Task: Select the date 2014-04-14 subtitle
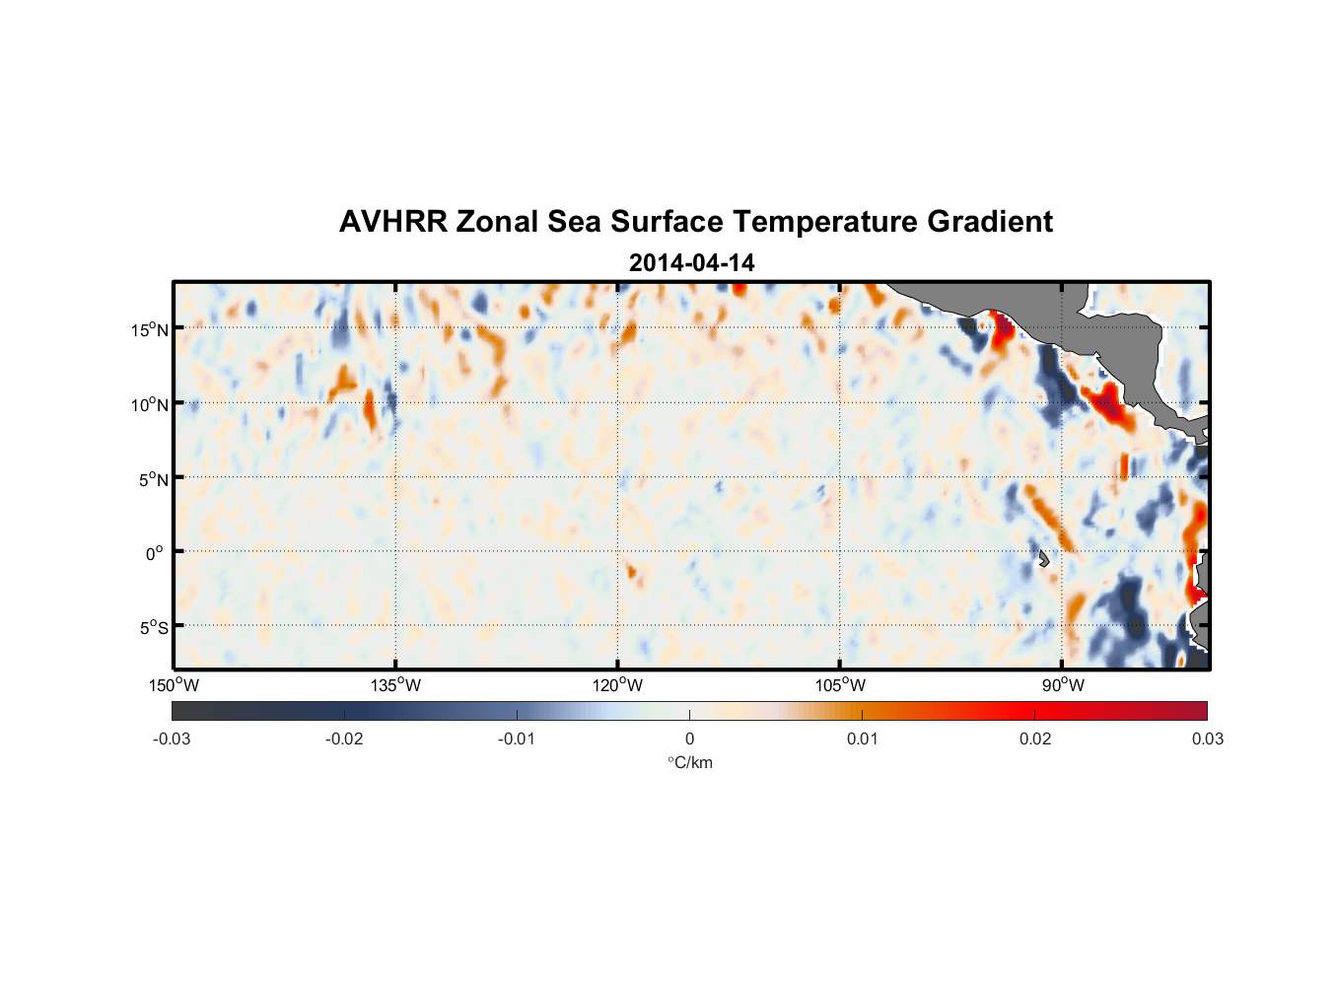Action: pos(691,263)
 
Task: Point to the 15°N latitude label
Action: pos(150,329)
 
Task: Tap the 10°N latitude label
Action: pos(150,404)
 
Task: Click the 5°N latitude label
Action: pos(153,479)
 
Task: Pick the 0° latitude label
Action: pos(155,553)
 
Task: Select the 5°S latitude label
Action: pos(153,628)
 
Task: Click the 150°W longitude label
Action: pos(174,685)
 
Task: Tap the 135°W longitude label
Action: pos(395,685)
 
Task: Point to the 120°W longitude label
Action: pos(618,685)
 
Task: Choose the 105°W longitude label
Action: pos(840,685)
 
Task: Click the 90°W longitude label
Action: pos(1063,685)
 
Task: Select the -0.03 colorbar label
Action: pos(172,739)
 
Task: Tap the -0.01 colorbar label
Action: pos(517,739)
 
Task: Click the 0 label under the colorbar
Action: pos(689,739)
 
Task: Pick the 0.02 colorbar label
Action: pos(1034,739)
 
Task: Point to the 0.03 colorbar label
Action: pos(1207,739)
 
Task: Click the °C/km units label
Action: pos(690,762)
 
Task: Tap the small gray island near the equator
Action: pos(1043,559)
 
